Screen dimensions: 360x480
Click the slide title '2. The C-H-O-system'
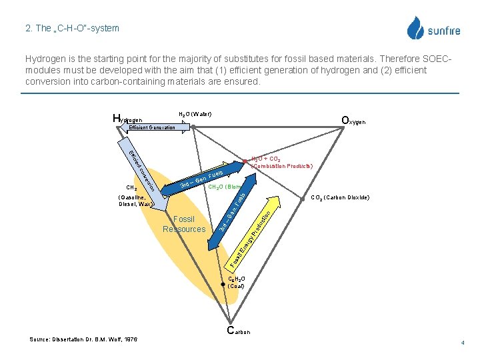tap(72, 28)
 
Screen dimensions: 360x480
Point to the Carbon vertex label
tap(239, 331)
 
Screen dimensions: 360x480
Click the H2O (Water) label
tap(195, 114)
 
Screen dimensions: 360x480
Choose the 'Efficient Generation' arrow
tap(152, 127)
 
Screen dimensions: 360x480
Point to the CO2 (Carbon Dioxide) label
tap(339, 197)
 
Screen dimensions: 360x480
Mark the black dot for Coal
tap(223, 283)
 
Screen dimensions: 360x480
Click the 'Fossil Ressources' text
tap(184, 224)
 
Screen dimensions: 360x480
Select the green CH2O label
tap(223, 187)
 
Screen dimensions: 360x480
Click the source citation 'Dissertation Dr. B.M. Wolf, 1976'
tap(83, 339)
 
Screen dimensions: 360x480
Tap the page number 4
tap(462, 342)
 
